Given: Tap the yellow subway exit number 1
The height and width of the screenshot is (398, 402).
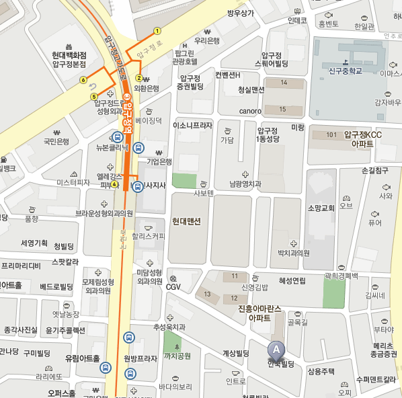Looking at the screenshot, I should [x=157, y=30].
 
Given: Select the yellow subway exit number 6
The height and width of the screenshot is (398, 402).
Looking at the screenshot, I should [x=83, y=80].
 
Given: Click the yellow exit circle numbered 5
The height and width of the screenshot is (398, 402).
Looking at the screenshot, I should [x=94, y=96].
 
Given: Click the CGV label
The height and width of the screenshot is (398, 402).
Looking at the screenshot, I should [x=173, y=287].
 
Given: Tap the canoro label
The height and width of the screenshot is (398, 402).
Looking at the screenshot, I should [x=249, y=111].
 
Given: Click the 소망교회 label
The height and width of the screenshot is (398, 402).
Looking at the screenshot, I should [x=321, y=208].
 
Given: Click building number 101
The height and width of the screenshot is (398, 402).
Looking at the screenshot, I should [x=330, y=135].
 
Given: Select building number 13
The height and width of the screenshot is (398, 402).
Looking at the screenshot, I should [x=208, y=294].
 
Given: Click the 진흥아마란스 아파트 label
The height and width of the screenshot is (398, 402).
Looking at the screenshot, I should [x=259, y=313].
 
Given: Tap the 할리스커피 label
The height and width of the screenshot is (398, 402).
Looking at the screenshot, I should [x=148, y=236].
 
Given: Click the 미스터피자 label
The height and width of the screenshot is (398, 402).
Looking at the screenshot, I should [x=73, y=182].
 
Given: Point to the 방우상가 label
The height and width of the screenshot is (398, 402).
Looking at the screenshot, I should [x=240, y=13].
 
